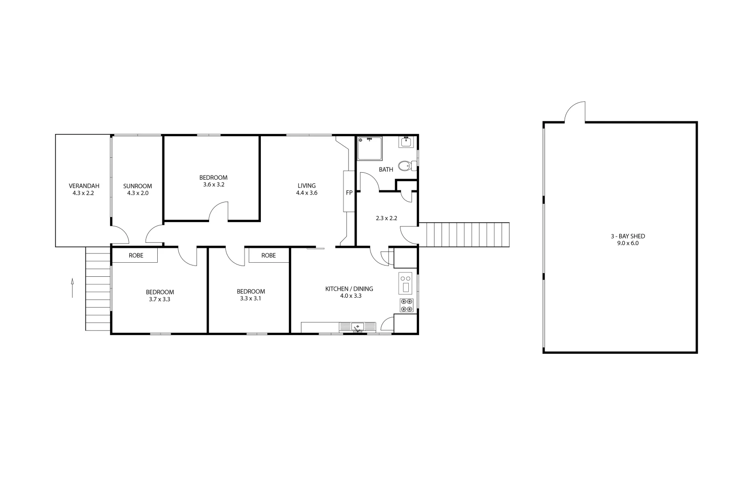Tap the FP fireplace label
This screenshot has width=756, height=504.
(349, 193)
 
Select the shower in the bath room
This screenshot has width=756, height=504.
(369, 148)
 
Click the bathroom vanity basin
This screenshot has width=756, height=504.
(406, 142)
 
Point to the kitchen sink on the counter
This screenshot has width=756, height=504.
(357, 327)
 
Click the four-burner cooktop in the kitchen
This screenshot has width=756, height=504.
(406, 305)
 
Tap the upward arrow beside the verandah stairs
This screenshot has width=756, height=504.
(72, 288)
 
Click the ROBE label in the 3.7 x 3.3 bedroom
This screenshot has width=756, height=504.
(136, 256)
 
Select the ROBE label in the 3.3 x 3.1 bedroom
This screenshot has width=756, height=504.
(268, 256)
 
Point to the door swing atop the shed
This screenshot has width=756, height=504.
(575, 112)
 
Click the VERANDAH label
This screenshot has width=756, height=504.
(84, 186)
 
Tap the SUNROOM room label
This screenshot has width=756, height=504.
(138, 186)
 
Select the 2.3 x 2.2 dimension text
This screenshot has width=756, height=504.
(386, 218)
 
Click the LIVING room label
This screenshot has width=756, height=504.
(307, 186)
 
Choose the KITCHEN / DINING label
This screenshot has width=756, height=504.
(349, 289)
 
